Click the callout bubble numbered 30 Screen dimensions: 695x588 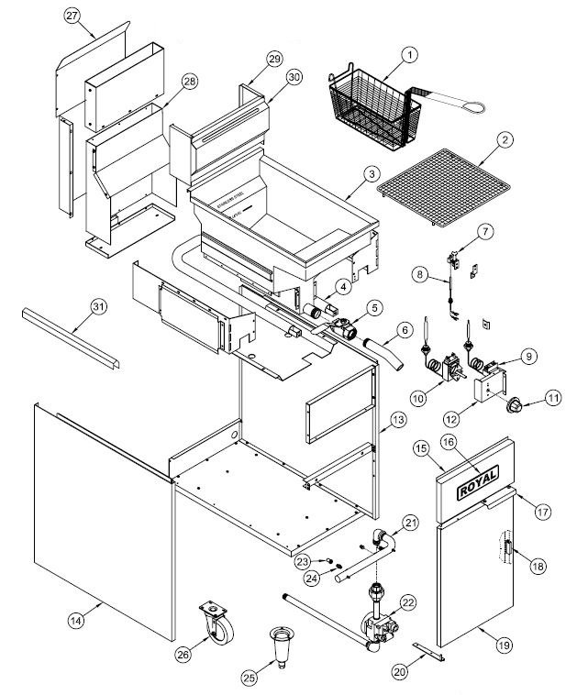tap(293, 78)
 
